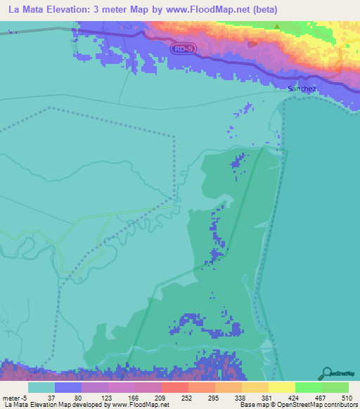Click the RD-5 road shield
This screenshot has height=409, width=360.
[182, 48]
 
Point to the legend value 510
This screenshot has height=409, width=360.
[347, 398]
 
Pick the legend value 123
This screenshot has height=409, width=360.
[106, 398]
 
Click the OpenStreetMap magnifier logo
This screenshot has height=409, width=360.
[328, 374]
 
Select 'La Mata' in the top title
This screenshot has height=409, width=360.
[26, 10]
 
